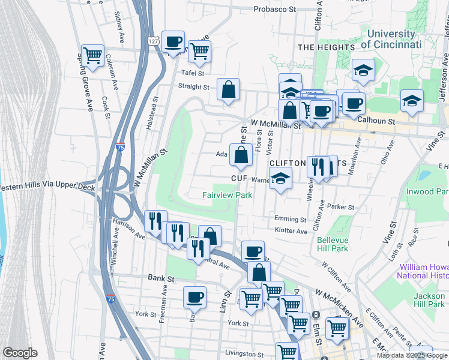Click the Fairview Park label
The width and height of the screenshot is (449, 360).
(x=227, y=195)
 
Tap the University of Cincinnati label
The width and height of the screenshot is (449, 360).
(x=391, y=40)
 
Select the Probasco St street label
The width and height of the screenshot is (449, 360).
(x=275, y=9)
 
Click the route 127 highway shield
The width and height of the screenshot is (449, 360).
(x=154, y=38)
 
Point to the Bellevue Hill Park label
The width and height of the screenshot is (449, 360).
(x=333, y=244)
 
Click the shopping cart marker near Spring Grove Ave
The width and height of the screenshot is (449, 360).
(x=93, y=56)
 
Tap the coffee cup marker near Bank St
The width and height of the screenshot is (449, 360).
(x=194, y=296)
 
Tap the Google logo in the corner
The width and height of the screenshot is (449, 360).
(x=20, y=353)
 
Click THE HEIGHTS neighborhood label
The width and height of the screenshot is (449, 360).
(x=327, y=47)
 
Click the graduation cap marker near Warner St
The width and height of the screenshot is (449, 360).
(x=280, y=179)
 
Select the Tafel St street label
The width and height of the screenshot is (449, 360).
(x=194, y=73)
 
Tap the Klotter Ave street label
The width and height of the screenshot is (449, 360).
(x=291, y=231)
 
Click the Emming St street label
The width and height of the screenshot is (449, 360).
(x=290, y=219)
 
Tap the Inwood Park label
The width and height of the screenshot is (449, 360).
(x=436, y=191)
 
